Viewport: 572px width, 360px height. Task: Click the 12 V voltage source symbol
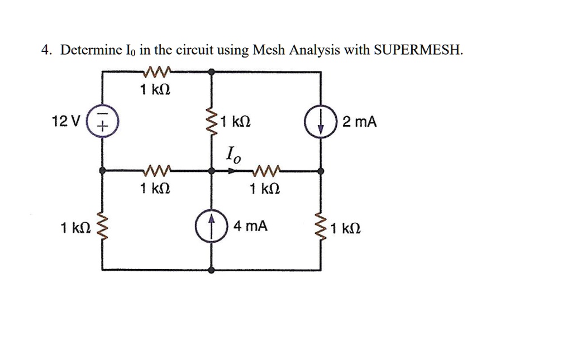(x=102, y=121)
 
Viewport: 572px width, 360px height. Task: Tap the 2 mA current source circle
(x=321, y=121)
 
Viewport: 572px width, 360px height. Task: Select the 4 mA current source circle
(x=211, y=226)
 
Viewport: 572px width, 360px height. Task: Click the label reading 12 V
(x=66, y=121)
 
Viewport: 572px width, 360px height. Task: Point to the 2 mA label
(x=359, y=122)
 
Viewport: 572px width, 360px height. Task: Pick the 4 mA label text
(x=251, y=226)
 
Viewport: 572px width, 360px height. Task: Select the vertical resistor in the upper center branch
(x=212, y=121)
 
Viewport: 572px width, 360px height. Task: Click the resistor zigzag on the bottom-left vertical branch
(x=102, y=226)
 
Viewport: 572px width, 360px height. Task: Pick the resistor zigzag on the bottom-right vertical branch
(x=321, y=226)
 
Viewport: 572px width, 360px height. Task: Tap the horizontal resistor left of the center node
(x=157, y=170)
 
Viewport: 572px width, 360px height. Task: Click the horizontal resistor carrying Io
(x=266, y=170)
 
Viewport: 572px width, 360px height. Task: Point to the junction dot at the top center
(x=212, y=72)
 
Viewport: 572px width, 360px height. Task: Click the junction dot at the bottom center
(x=212, y=270)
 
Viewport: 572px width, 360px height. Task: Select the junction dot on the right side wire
(x=321, y=171)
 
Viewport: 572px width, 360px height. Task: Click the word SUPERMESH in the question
(x=418, y=50)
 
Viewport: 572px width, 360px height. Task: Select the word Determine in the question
(x=91, y=50)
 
